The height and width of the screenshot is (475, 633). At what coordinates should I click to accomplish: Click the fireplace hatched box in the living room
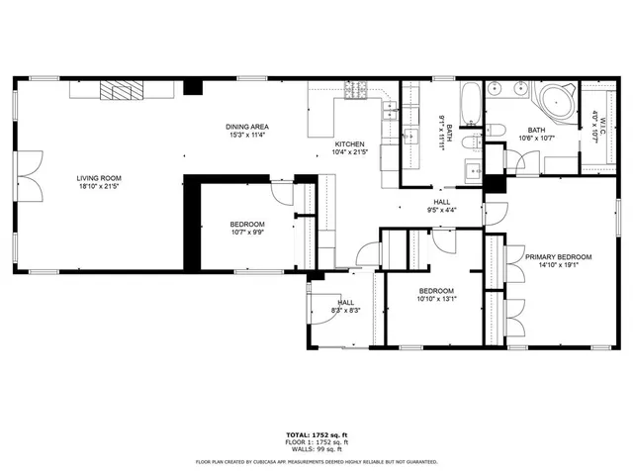point(119,91)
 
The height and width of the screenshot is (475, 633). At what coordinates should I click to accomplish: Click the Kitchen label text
point(349,144)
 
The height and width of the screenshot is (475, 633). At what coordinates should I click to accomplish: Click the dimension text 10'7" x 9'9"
point(247,234)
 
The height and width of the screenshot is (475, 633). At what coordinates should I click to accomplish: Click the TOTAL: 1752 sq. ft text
point(316,434)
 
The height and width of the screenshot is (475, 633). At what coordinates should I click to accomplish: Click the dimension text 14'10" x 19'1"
point(558,264)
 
